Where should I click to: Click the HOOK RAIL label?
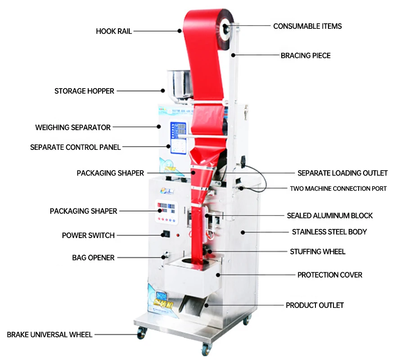tap(114, 31)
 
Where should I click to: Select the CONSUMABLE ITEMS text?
tap(307, 26)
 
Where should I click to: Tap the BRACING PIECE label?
tap(306, 56)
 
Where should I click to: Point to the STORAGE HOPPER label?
tap(84, 91)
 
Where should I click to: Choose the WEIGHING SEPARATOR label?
tap(73, 127)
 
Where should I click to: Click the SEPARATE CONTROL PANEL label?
tap(75, 147)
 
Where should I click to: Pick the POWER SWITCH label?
tap(88, 235)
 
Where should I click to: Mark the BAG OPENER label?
tap(93, 258)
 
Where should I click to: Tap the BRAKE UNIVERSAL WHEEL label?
tap(49, 335)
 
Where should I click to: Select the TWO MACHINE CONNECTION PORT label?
tap(338, 189)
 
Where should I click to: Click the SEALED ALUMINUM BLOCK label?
tap(330, 216)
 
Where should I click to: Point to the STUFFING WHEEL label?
tap(318, 252)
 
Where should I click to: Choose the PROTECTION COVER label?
tap(330, 274)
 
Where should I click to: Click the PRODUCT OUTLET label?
tap(315, 305)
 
